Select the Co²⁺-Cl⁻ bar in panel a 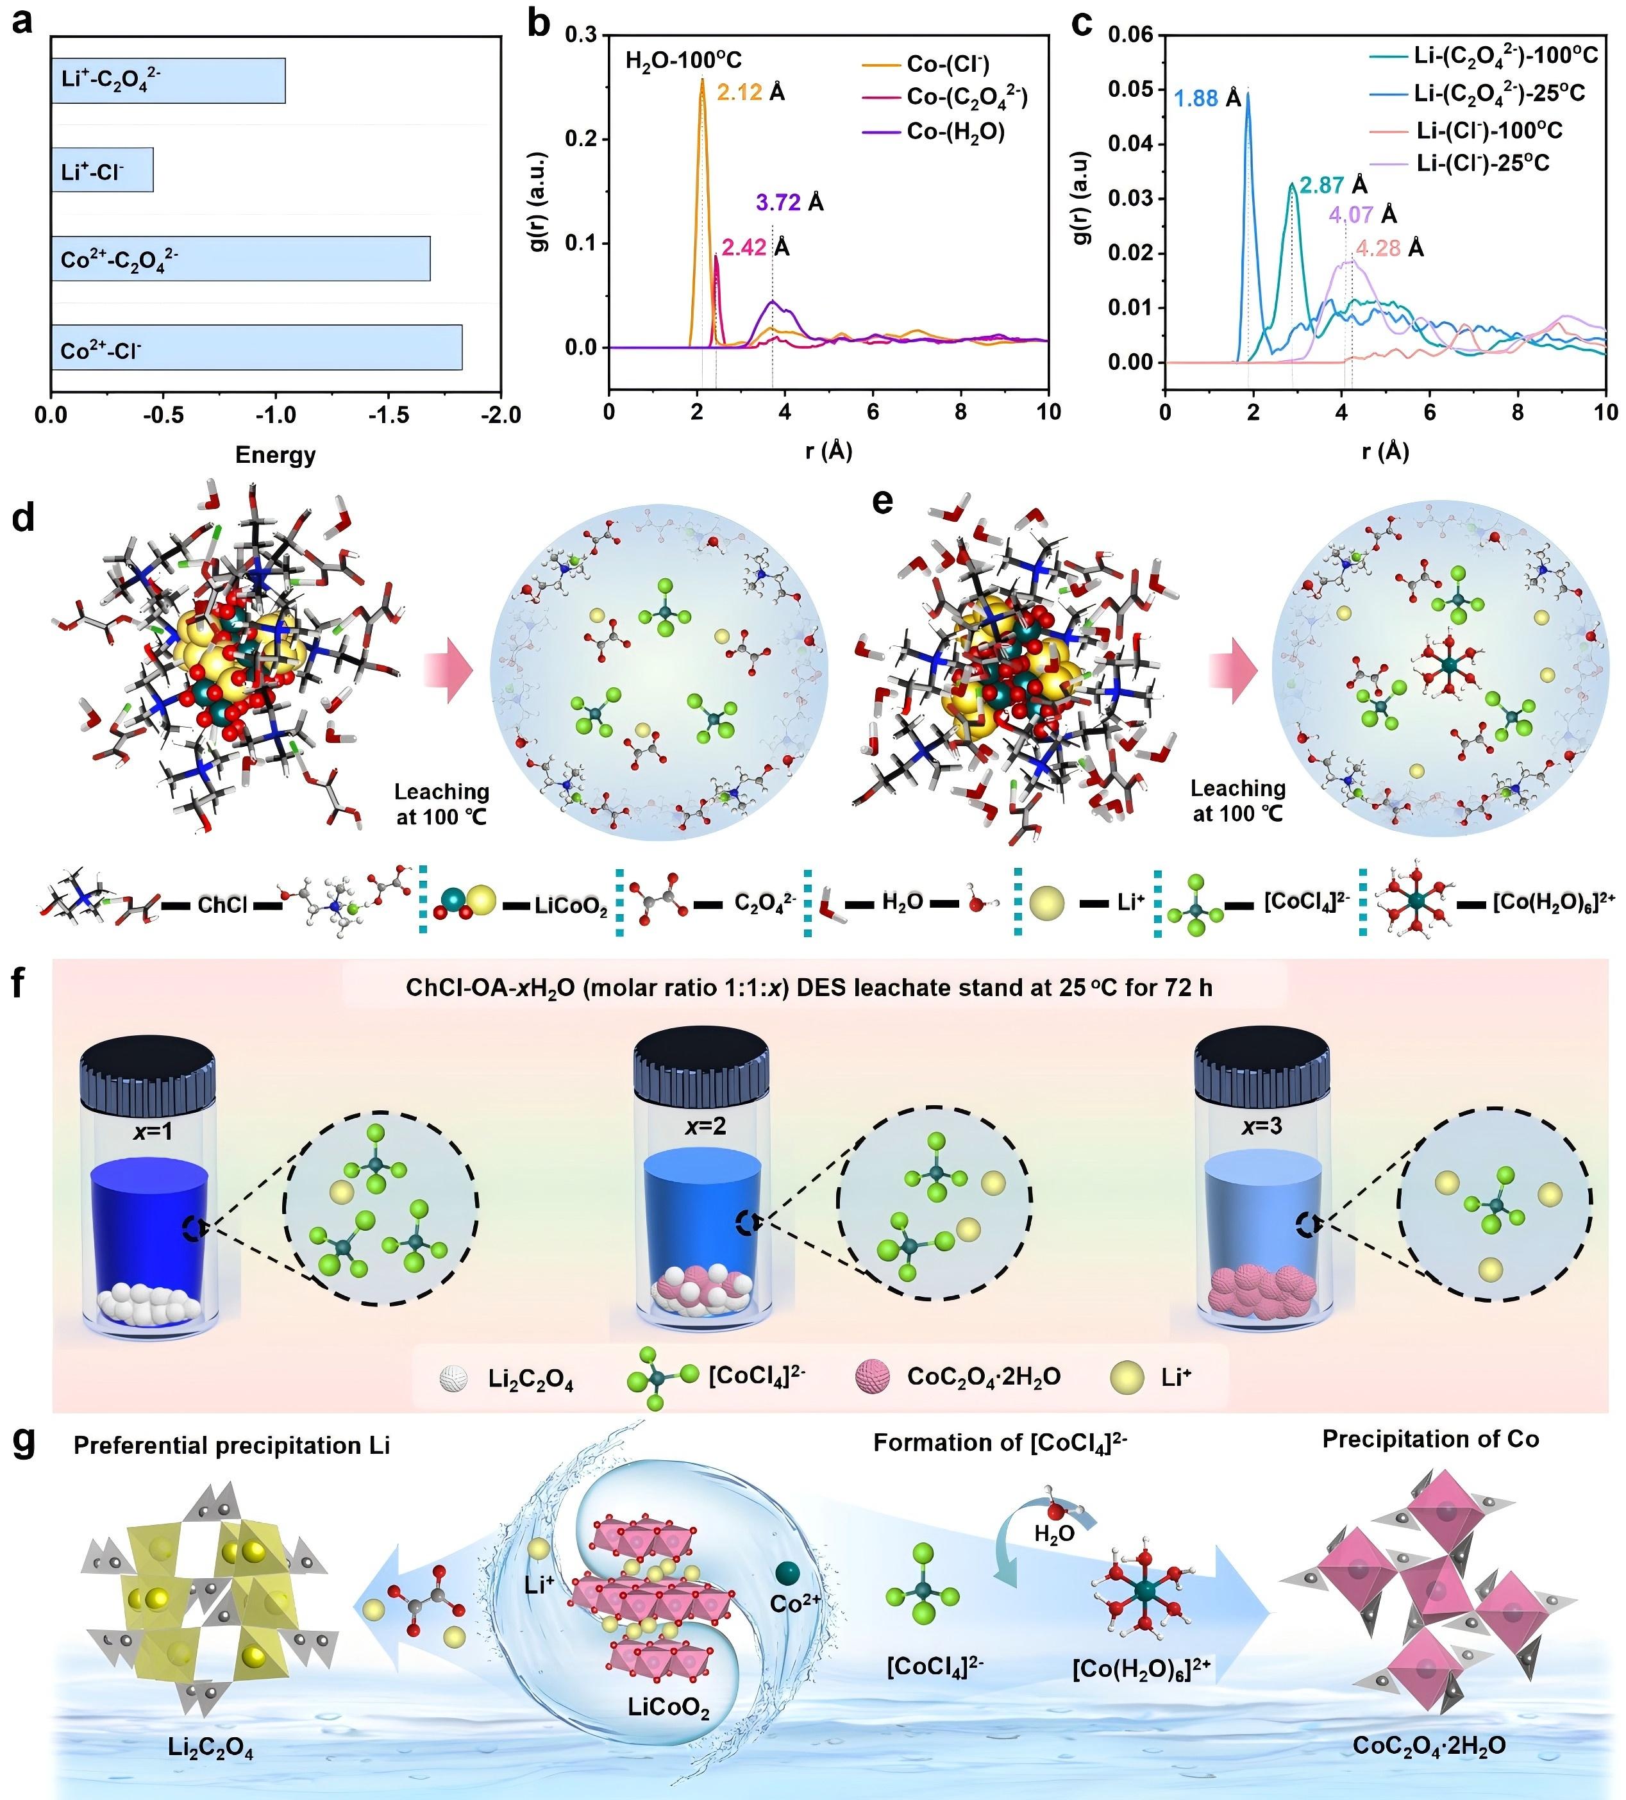[x=256, y=347]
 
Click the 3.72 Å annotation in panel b [x=789, y=203]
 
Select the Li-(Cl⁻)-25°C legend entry [x=1482, y=163]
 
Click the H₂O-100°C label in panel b [x=683, y=61]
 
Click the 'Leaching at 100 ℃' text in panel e [x=1237, y=801]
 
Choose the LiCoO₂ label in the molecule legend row [x=571, y=907]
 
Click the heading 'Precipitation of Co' [x=1430, y=1438]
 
